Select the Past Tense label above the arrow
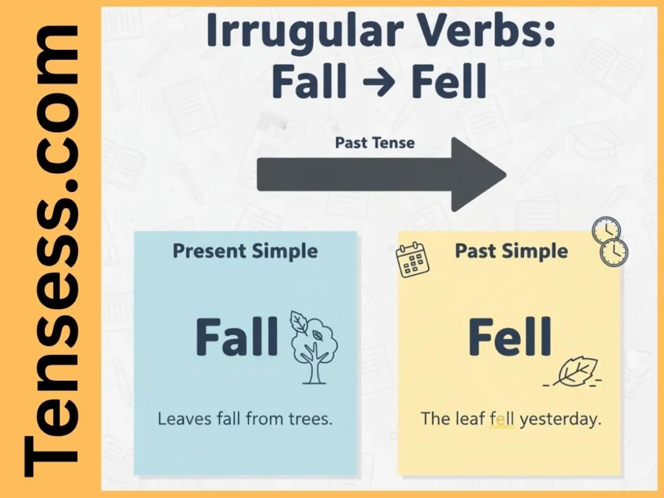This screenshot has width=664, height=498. pyautogui.click(x=375, y=143)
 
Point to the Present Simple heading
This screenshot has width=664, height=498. pyautogui.click(x=245, y=251)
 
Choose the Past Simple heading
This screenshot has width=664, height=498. pyautogui.click(x=511, y=251)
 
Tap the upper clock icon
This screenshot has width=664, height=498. pyautogui.click(x=606, y=230)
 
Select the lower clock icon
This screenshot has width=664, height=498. pyautogui.click(x=613, y=252)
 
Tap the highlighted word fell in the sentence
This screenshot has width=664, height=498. pyautogui.click(x=502, y=418)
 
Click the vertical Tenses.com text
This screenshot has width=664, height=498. pyautogui.click(x=51, y=250)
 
